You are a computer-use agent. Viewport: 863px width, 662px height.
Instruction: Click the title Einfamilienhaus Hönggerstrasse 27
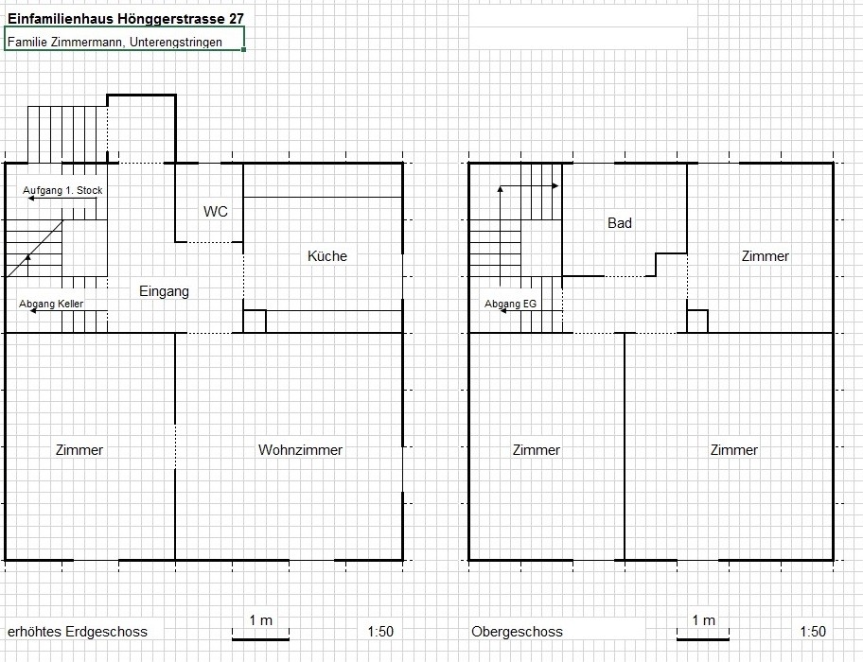pos(126,19)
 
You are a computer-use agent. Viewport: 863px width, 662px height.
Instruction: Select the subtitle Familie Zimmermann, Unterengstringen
pos(115,43)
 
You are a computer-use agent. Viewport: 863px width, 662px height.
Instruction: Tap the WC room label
pos(215,212)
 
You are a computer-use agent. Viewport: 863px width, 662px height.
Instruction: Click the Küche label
pos(326,255)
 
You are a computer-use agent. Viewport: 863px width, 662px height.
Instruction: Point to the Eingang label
pos(164,291)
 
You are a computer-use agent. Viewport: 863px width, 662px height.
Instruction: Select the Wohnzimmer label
pos(301,450)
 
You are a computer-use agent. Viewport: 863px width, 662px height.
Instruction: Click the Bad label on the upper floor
pos(620,222)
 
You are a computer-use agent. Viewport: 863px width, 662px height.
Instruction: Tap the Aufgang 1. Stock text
pos(62,190)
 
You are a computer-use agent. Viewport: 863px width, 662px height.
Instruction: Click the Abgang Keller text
pos(51,304)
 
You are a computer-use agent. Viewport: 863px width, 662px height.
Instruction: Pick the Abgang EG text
pos(510,304)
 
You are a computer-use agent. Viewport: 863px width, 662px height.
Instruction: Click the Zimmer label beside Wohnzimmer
pos(79,450)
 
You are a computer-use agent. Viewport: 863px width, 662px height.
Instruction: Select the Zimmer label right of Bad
pos(765,255)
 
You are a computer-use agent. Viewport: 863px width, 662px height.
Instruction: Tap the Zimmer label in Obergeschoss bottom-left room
pos(537,450)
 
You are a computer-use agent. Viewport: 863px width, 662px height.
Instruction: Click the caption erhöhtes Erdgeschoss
pos(78,631)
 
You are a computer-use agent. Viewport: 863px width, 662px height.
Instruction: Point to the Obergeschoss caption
pos(517,631)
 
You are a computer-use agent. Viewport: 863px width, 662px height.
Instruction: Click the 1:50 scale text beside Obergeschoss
pos(813,631)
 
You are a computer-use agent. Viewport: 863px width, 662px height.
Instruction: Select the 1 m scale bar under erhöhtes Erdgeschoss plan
pos(260,639)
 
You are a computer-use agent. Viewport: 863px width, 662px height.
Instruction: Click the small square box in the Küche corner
pos(255,322)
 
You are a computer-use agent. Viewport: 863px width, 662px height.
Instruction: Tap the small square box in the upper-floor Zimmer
pos(697,322)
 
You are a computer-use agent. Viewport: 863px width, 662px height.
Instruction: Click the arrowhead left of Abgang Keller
pos(33,311)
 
